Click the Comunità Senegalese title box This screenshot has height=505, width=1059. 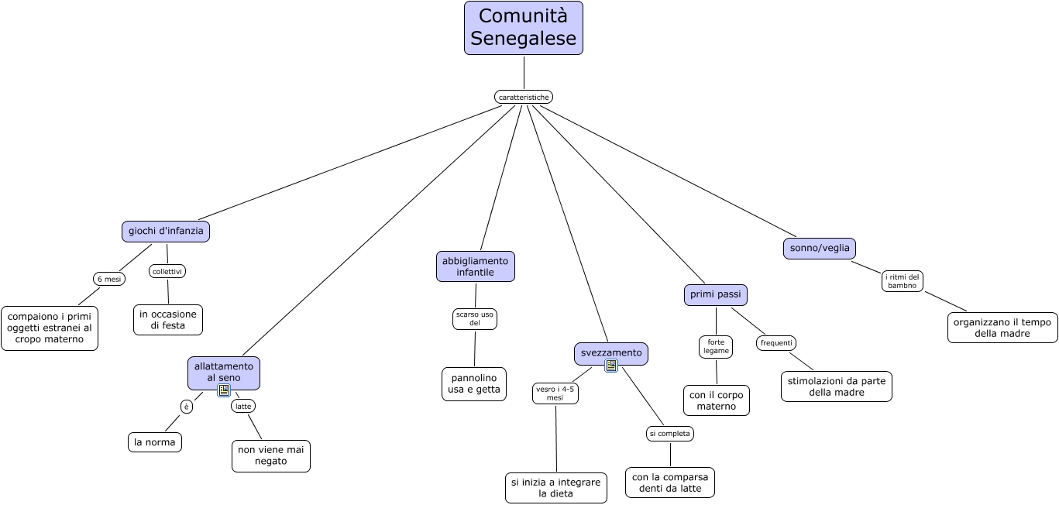pos(524,28)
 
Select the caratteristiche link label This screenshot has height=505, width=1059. pos(524,97)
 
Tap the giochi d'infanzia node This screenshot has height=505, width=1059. pos(166,232)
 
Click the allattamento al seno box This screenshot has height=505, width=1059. pos(224,373)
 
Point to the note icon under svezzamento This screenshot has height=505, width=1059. pos(611,366)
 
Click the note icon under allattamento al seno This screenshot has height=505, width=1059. pos(224,390)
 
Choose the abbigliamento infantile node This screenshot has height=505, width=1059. pos(475,266)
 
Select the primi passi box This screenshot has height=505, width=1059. pos(715,294)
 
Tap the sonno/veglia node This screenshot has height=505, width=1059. pos(820,249)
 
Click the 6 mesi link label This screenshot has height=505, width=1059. pos(109,279)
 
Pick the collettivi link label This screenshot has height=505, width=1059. pos(167,271)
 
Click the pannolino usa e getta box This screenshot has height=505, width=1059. pos(474,384)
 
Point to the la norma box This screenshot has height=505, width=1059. pos(155,442)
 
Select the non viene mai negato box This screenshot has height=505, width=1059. pos(271,456)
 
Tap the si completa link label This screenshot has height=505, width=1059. pos(670,434)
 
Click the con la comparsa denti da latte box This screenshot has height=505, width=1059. pos(670,483)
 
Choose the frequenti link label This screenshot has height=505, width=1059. pos(776,343)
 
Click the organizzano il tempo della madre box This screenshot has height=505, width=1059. pos(1002,328)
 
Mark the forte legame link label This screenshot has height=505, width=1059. pos(716,346)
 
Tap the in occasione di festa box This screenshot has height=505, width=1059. pos(168,320)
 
